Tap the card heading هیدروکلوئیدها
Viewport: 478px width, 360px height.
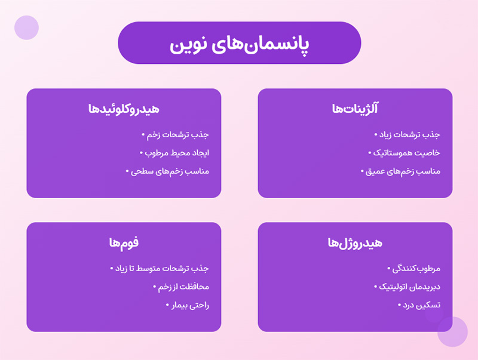point(124,109)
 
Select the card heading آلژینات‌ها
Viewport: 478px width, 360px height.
point(355,109)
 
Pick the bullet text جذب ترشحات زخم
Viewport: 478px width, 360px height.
point(178,135)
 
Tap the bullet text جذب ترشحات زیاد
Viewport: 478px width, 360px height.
point(409,135)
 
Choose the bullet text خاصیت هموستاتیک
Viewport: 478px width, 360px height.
point(407,153)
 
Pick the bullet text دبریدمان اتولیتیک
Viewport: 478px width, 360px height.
point(409,287)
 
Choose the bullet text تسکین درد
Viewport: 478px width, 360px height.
point(421,304)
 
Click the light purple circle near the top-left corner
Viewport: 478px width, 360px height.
point(26,27)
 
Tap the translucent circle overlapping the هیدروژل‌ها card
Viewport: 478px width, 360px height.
point(452,331)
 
